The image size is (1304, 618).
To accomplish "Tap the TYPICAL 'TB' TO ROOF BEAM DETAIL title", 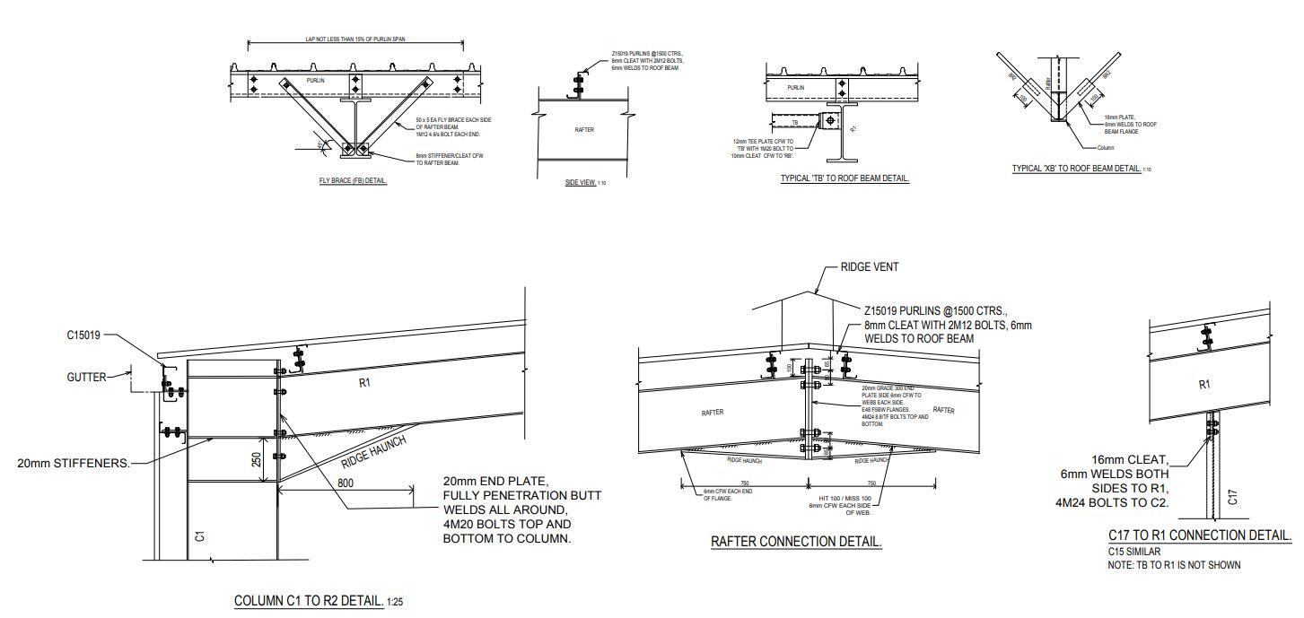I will [845, 178].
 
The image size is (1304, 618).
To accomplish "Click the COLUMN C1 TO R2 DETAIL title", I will [309, 600].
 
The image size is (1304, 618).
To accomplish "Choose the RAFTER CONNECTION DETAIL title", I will [796, 542].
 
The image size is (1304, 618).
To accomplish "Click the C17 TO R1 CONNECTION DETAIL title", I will [1200, 535].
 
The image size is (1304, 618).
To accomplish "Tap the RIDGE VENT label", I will [869, 267].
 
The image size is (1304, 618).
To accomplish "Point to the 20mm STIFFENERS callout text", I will [74, 464].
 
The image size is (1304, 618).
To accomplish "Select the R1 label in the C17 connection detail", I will [1203, 384].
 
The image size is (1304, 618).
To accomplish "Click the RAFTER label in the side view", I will [584, 130].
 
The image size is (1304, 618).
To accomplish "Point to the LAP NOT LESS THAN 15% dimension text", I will [354, 40].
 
